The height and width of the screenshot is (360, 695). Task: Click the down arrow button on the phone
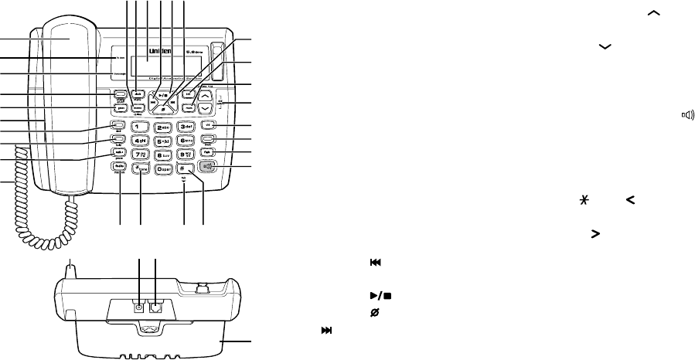click(x=205, y=109)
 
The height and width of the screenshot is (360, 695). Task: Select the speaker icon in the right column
click(x=686, y=116)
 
